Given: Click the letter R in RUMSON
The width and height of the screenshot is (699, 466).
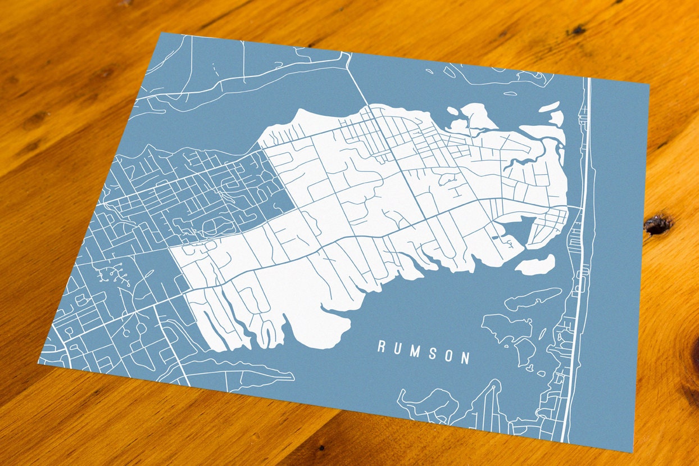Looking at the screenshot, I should (x=381, y=347).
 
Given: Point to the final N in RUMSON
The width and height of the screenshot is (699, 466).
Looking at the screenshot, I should (x=465, y=358).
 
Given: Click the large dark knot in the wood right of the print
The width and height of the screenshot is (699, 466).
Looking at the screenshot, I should (x=657, y=224).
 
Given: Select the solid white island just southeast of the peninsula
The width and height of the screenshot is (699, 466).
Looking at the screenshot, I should (x=535, y=265).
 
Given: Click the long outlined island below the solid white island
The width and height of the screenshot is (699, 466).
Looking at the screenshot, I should (x=532, y=298).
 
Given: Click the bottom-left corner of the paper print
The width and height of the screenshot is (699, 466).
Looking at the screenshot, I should (x=38, y=362).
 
